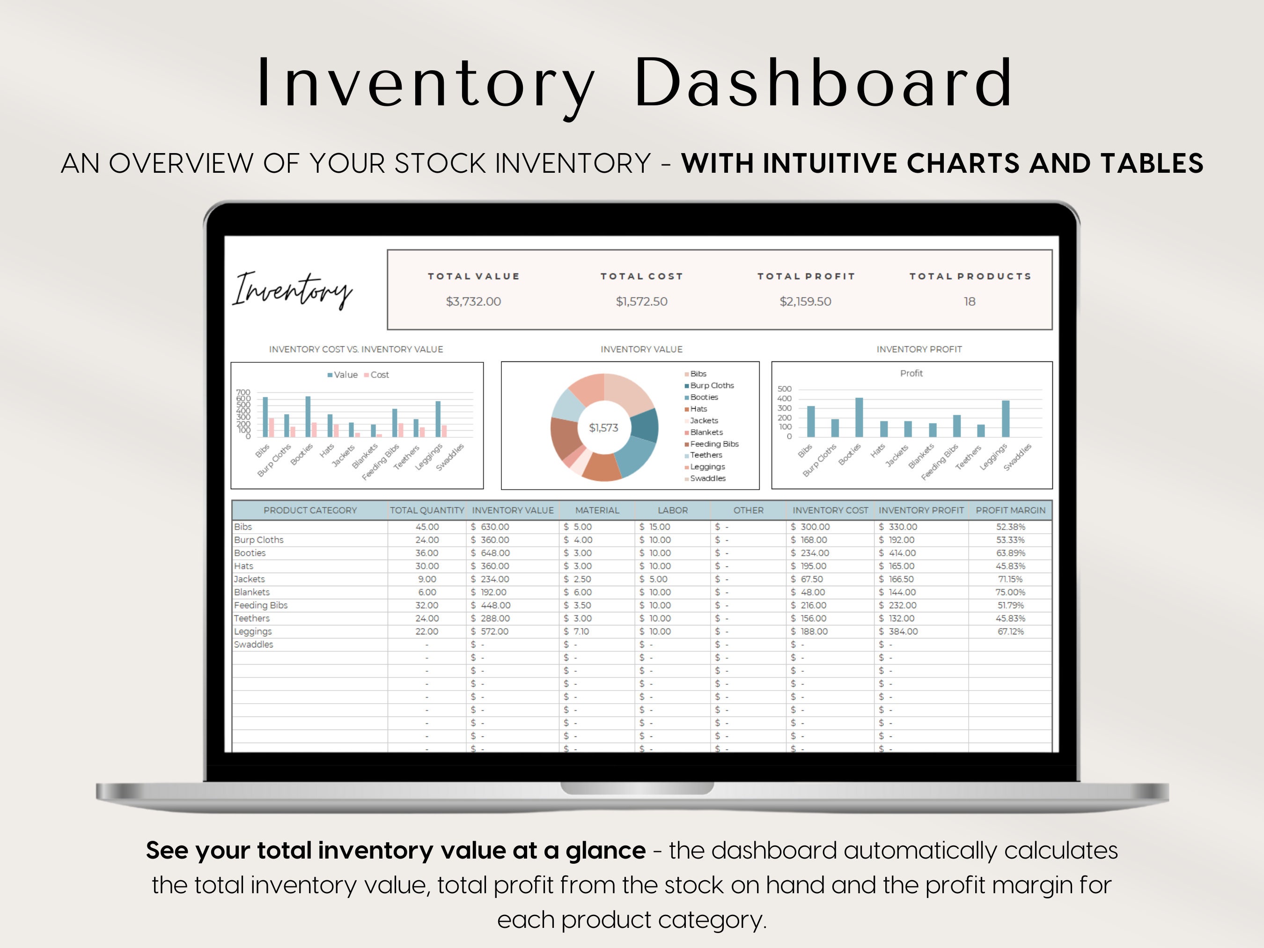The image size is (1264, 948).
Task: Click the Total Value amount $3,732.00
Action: click(x=473, y=301)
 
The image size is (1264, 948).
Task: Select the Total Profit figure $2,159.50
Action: click(x=805, y=301)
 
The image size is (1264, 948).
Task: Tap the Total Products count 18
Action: click(x=970, y=301)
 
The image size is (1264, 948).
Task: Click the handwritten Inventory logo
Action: click(x=292, y=290)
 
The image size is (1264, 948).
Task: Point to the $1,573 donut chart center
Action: click(x=603, y=427)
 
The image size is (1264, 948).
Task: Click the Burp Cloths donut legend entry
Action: click(x=712, y=386)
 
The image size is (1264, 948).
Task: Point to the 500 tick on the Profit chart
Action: click(x=785, y=389)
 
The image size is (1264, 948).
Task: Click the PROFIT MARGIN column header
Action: click(x=1010, y=510)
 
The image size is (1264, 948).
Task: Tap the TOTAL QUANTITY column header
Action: click(x=427, y=510)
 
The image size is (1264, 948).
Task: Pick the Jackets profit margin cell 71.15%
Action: click(x=1010, y=579)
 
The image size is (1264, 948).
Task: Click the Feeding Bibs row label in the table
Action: click(x=261, y=605)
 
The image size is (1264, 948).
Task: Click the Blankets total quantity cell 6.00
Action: click(x=427, y=592)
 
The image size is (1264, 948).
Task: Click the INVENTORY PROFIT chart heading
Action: click(x=919, y=349)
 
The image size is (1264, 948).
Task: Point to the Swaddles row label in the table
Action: click(x=254, y=645)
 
